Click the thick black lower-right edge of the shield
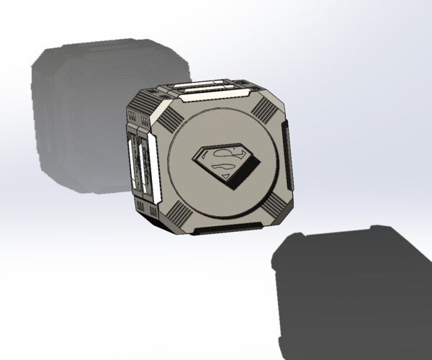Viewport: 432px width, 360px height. (x=248, y=173)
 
